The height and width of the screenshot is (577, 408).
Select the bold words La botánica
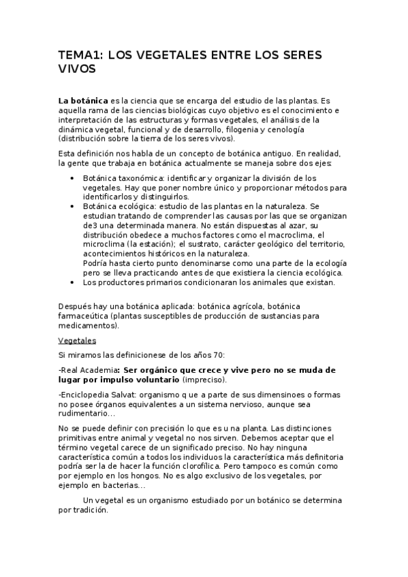point(84,100)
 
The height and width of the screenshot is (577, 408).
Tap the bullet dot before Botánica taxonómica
point(72,178)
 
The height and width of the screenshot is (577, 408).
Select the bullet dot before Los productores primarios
point(72,282)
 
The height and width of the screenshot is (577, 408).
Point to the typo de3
point(90,225)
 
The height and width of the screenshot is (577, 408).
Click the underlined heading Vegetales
point(77,340)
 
